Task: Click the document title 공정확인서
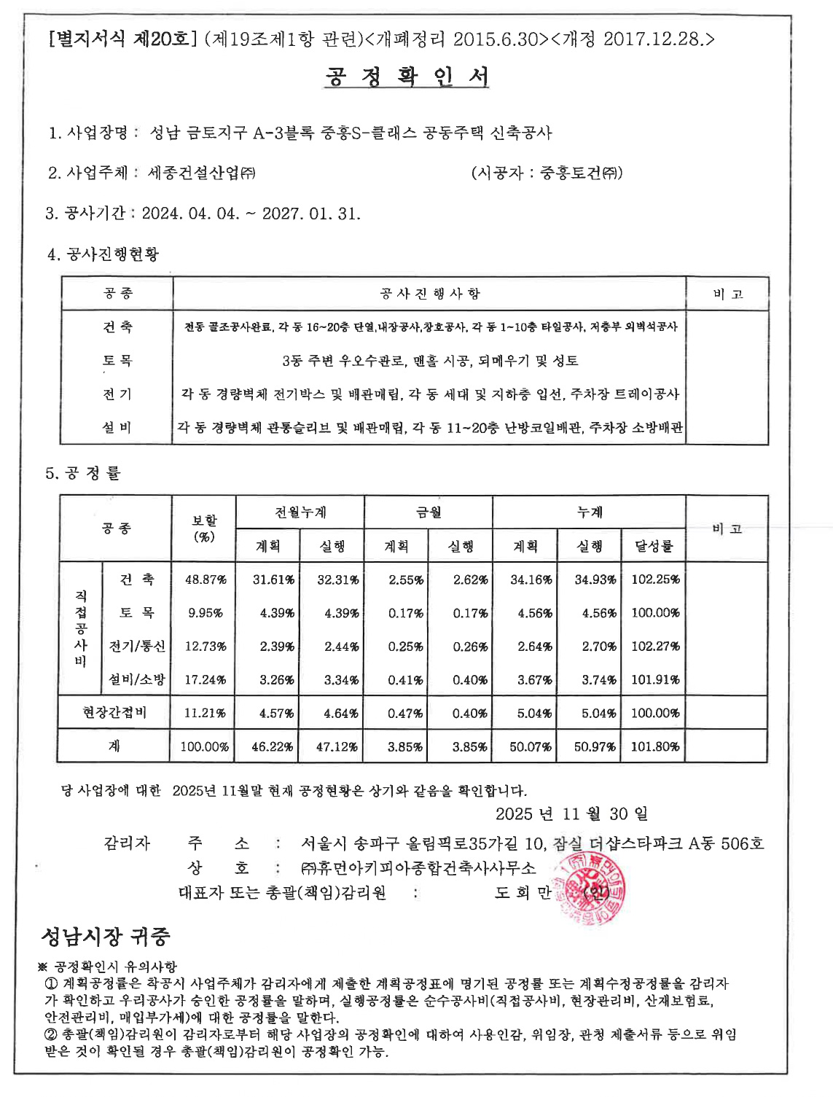[x=407, y=77]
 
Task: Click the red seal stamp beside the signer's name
[x=591, y=890]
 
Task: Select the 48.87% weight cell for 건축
[x=205, y=579]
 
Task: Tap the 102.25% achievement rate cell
[x=654, y=579]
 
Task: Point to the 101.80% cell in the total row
[x=654, y=746]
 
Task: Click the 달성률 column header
[x=654, y=546]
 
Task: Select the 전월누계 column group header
[x=300, y=512]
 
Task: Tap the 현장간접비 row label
[x=114, y=712]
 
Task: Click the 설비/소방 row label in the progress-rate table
[x=137, y=679]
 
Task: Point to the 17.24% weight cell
[x=205, y=679]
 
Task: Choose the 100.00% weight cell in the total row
[x=204, y=746]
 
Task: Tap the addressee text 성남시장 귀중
[x=106, y=935]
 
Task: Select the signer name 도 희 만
[x=523, y=893]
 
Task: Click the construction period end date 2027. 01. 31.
[x=311, y=214]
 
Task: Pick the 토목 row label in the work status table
[x=117, y=360]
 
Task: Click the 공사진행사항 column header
[x=430, y=294]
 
